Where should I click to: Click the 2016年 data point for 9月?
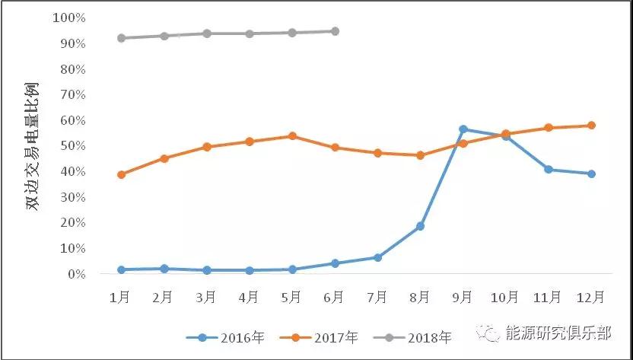pos(463,129)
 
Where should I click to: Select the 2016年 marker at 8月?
pos(420,226)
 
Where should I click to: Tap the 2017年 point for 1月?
pos(121,174)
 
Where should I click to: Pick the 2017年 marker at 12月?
pos(591,126)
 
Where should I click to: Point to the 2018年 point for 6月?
pos(335,31)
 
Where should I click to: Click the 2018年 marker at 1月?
pos(121,38)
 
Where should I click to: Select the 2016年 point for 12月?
pos(591,174)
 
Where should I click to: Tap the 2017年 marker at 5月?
pos(292,136)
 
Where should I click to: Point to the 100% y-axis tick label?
pos(70,18)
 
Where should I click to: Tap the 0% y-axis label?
pos(76,274)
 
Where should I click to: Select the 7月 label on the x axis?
pos(377,297)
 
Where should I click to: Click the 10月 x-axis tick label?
pos(505,297)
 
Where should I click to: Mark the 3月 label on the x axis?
pos(206,297)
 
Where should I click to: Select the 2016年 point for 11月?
pos(549,169)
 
